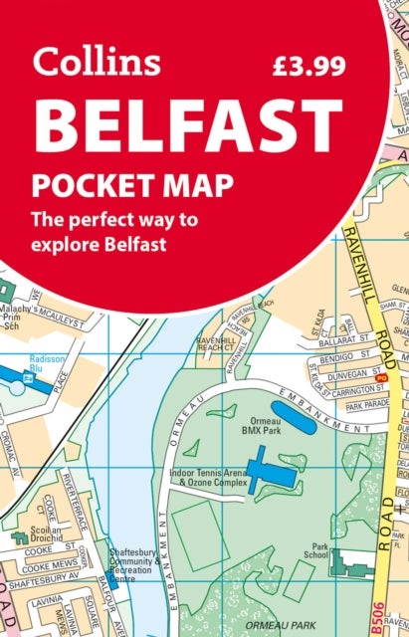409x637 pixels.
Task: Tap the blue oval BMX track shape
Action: pos(294,417)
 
